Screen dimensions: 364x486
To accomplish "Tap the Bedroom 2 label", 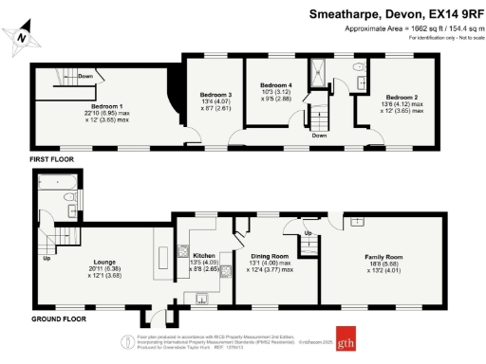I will (x=401, y=97).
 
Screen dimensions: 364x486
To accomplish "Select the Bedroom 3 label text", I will (x=215, y=95).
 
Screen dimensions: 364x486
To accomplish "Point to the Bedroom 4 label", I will (x=276, y=86).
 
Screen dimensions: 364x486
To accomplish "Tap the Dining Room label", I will (x=271, y=256).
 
